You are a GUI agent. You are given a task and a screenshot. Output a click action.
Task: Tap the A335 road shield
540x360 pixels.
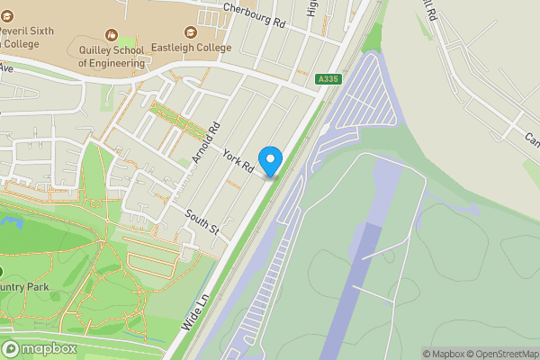tap(328, 80)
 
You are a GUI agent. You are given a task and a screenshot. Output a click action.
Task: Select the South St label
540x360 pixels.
tap(202, 224)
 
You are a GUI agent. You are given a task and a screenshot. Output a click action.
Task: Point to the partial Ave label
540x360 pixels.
tap(7, 67)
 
